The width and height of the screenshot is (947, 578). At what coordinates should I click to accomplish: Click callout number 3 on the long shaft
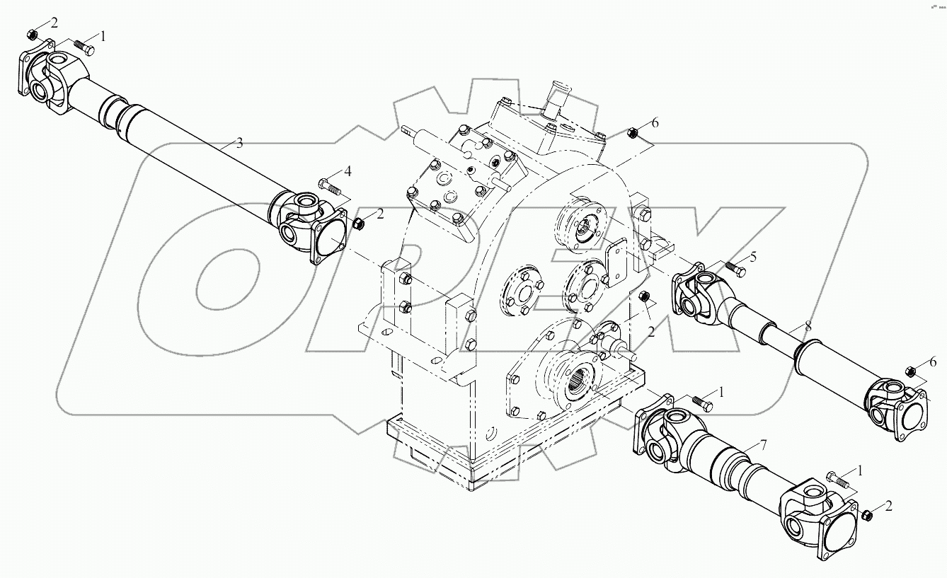[239, 143]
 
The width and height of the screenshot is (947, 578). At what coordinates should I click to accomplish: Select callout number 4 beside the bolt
[348, 171]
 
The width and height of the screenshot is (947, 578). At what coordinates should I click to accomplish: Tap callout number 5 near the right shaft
[753, 257]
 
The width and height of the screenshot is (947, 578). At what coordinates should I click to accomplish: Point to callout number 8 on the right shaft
[807, 327]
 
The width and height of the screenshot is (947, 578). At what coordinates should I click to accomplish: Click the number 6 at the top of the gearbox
[655, 123]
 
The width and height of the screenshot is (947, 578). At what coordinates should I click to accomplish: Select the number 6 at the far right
[932, 362]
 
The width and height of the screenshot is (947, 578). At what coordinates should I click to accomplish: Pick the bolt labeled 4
[329, 187]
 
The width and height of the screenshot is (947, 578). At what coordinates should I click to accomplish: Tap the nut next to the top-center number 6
[634, 132]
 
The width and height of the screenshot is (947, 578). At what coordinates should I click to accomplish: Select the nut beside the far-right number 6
[912, 371]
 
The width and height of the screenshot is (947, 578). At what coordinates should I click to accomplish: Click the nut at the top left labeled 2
[31, 35]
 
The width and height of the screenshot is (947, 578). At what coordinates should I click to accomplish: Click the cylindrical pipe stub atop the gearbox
[557, 97]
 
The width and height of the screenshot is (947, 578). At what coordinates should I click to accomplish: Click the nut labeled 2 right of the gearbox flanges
[644, 296]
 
